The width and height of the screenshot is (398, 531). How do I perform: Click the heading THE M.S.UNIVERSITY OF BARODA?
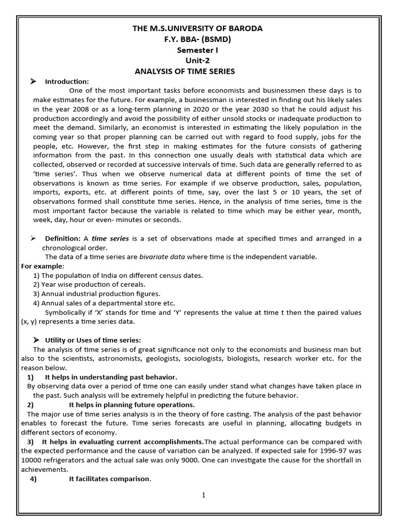[x=198, y=29]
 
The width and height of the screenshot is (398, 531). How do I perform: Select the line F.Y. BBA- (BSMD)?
[x=198, y=39]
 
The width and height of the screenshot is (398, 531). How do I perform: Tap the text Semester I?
[x=198, y=50]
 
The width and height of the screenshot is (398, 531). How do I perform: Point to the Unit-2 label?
[x=198, y=60]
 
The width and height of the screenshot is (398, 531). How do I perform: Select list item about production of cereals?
[x=89, y=284]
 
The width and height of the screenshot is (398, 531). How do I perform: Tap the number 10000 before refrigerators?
[x=32, y=460]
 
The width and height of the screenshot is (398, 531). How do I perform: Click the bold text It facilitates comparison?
[x=109, y=479]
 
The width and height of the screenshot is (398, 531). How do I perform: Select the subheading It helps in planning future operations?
[x=132, y=404]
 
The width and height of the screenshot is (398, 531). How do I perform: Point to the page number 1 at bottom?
[x=204, y=495]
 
